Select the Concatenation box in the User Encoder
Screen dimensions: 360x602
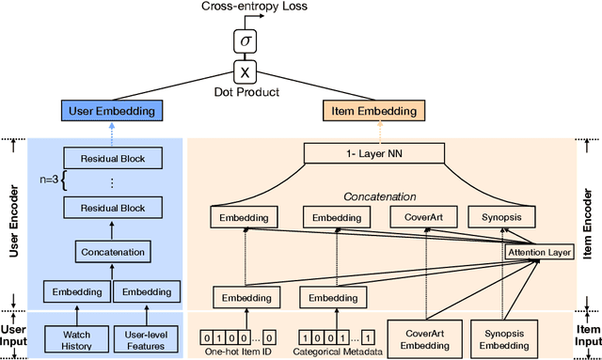click(x=111, y=252)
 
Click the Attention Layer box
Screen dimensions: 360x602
click(x=538, y=253)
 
